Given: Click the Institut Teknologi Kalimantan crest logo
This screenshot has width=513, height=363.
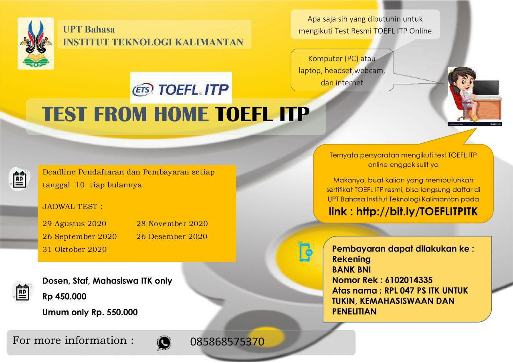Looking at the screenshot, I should [36, 43].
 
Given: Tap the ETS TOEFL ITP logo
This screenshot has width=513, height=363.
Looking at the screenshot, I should [181, 89].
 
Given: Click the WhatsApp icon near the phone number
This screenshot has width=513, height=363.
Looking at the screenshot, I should [164, 343].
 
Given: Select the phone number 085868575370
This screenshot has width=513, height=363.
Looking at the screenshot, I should [227, 342].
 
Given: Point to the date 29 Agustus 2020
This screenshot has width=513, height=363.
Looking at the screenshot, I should [75, 224].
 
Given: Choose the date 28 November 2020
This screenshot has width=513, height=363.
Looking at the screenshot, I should [172, 224].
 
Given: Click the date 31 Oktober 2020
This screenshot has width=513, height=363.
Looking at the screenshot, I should [75, 249].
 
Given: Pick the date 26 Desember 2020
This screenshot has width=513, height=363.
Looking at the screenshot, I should [172, 237].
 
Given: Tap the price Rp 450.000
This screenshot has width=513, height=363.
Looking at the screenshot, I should [65, 297].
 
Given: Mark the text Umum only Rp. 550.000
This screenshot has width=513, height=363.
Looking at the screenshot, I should [90, 312].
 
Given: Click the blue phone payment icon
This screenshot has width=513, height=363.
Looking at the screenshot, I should [306, 252].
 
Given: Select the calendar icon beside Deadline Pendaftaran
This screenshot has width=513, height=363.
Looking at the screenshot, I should [19, 179].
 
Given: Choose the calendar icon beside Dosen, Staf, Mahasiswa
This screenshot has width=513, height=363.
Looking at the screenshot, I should [22, 293].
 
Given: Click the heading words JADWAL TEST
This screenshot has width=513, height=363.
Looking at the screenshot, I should [73, 207].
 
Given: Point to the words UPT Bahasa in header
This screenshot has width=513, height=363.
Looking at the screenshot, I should [89, 30].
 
